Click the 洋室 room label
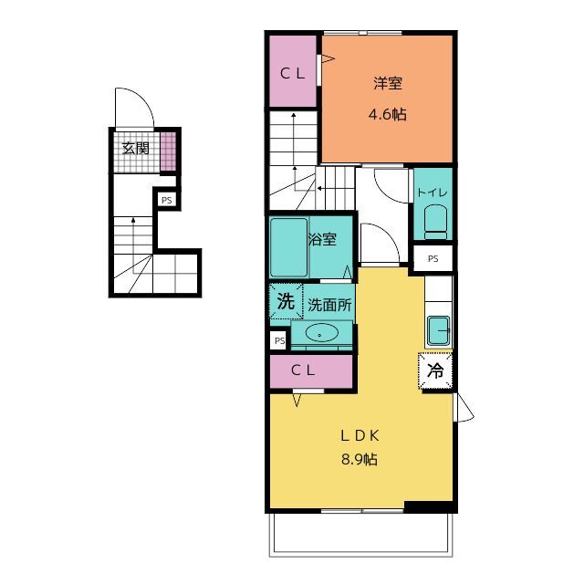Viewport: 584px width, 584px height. [388, 83]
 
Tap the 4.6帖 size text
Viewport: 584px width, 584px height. [387, 114]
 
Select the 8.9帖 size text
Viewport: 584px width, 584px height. [360, 459]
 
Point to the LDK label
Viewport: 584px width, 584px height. [360, 436]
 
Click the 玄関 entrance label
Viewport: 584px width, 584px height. [136, 149]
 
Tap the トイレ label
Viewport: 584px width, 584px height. [433, 193]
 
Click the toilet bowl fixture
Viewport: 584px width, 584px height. [435, 222]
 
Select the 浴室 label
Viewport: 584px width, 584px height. [322, 239]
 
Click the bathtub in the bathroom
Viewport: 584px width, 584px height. [288, 247]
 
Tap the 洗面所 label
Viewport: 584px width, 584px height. [329, 305]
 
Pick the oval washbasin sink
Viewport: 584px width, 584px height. [322, 332]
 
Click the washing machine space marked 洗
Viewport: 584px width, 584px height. [286, 301]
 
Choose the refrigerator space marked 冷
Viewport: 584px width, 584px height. [435, 370]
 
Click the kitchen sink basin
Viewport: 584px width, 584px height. [438, 330]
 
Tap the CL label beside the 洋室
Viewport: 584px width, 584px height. [293, 73]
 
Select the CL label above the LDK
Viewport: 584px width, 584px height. [303, 370]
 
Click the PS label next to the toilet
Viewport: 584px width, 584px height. [433, 258]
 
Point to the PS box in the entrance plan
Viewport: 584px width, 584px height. [166, 201]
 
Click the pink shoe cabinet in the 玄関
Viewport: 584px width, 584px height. [168, 151]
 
